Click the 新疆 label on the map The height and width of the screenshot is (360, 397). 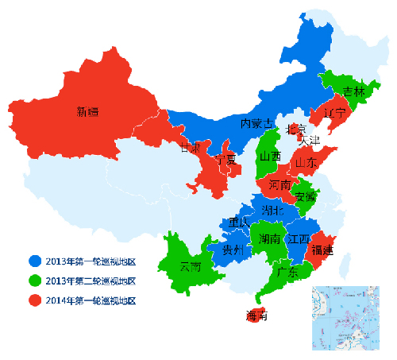pyautogui.click(x=87, y=112)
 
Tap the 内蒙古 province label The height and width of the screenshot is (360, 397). pyautogui.click(x=257, y=123)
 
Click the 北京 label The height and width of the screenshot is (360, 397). pyautogui.click(x=295, y=128)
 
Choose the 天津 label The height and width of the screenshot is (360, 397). pyautogui.click(x=309, y=140)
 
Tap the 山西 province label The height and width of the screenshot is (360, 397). pyautogui.click(x=270, y=157)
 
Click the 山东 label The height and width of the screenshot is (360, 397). pyautogui.click(x=306, y=162)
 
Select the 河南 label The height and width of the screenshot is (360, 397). pyautogui.click(x=279, y=184)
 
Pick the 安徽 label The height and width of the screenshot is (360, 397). pyautogui.click(x=305, y=195)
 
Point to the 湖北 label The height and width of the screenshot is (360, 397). pyautogui.click(x=274, y=211)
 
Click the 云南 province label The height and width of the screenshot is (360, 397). pyautogui.click(x=191, y=265)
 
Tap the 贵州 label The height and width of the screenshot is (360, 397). pyautogui.click(x=233, y=250)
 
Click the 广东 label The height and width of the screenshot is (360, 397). pyautogui.click(x=287, y=272)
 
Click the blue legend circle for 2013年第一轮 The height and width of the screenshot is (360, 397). pyautogui.click(x=34, y=260)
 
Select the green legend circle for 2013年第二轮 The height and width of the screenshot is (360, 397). pyautogui.click(x=34, y=280)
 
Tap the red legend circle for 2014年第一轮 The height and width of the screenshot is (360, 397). pyautogui.click(x=34, y=300)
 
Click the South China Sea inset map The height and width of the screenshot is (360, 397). pyautogui.click(x=346, y=318)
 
